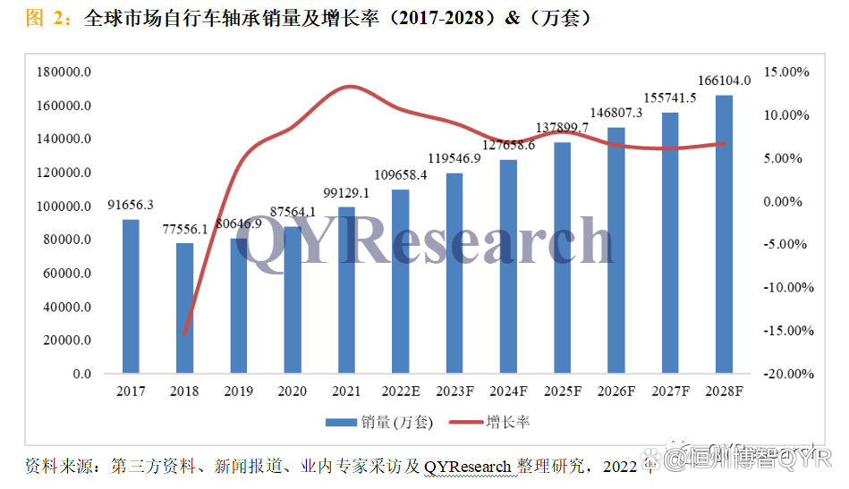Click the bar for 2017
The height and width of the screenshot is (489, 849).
(131, 296)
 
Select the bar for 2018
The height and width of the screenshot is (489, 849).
(184, 308)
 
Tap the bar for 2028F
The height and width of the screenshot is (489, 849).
(724, 234)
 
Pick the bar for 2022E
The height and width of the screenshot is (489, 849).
(400, 281)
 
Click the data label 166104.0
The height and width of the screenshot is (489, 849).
(723, 80)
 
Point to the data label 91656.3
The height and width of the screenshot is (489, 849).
(131, 204)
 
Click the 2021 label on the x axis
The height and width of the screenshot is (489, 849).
(346, 392)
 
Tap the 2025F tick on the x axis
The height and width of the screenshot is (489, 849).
(562, 392)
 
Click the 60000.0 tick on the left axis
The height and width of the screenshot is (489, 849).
(68, 274)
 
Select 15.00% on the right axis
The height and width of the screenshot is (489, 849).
(786, 72)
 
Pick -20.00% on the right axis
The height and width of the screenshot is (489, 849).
(786, 374)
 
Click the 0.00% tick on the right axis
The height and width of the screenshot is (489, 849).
(789, 201)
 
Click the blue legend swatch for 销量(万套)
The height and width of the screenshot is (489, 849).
(340, 421)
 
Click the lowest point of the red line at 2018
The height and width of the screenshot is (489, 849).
(185, 334)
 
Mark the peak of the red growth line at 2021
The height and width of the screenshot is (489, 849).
(349, 87)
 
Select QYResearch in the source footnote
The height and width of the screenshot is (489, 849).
(467, 466)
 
